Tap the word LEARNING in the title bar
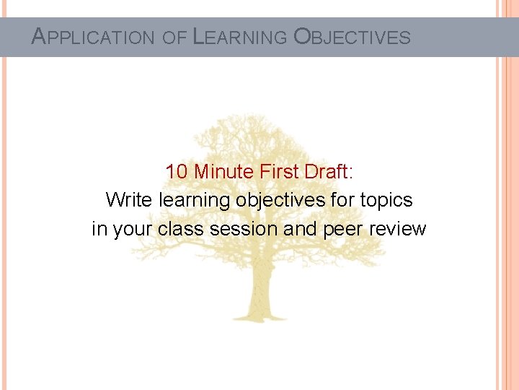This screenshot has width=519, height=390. pos(240,37)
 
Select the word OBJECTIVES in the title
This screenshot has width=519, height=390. pos(352,37)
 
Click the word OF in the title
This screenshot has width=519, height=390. pos(174,38)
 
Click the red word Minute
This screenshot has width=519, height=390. pos(221,172)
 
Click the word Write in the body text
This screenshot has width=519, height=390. pos(129,200)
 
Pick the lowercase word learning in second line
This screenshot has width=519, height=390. pos(195,200)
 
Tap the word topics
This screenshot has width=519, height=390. pos(386,200)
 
